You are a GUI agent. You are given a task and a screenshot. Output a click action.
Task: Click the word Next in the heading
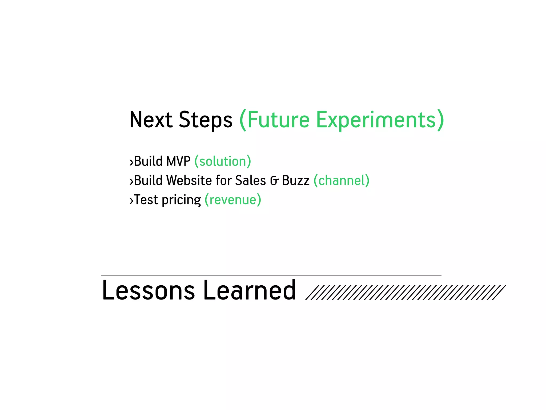pos(151,120)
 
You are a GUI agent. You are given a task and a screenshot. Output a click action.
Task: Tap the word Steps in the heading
pos(205,120)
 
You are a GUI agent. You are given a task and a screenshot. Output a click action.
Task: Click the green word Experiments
pos(376,120)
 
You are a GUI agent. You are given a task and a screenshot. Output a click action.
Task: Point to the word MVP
pos(178,161)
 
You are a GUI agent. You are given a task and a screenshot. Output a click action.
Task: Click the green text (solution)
pos(223,161)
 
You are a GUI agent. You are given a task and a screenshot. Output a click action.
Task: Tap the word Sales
pos(250,180)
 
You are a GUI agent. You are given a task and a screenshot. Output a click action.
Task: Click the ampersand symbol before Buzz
pos(274,181)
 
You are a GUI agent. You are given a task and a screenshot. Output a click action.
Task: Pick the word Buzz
pos(296,180)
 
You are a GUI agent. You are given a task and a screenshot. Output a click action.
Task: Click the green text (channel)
pos(342,180)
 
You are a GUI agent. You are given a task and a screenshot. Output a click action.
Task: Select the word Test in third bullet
pos(146,200)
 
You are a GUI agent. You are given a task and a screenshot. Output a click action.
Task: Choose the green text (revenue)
pos(233,200)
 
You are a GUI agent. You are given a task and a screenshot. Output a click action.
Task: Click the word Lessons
pos(148,290)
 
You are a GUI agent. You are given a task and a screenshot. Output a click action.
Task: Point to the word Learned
pos(250,290)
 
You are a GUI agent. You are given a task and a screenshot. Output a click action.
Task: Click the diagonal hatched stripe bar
pos(405,293)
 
